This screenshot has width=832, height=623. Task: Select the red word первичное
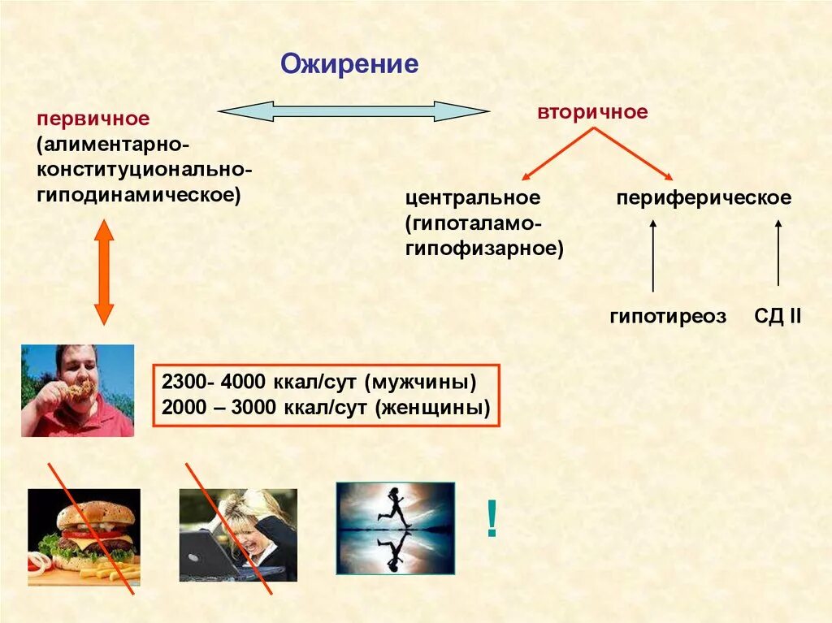92,119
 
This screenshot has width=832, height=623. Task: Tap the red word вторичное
591,112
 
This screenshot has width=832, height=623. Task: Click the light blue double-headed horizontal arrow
353,111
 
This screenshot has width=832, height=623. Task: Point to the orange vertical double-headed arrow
104,271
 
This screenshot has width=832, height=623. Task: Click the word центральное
473,197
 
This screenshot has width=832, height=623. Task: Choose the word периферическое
704,197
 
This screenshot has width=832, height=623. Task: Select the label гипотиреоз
668,317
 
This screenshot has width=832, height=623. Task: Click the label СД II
778,317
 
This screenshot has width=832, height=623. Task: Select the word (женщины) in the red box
432,409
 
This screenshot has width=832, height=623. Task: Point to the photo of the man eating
77,391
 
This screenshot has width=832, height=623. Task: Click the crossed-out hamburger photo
84,536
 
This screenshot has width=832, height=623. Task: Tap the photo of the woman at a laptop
237,534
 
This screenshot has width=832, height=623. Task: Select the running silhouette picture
395,528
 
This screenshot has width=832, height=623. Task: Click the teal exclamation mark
492,519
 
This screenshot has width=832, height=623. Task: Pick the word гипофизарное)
484,247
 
